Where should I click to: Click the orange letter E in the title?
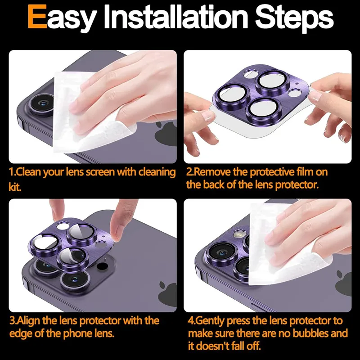coord(37,17)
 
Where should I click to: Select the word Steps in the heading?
coord(294,19)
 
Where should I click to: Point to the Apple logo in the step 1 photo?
coord(166,134)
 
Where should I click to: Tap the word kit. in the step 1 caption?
coord(15,187)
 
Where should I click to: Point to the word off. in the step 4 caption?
coord(253,346)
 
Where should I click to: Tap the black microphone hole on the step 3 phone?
coord(102,266)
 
